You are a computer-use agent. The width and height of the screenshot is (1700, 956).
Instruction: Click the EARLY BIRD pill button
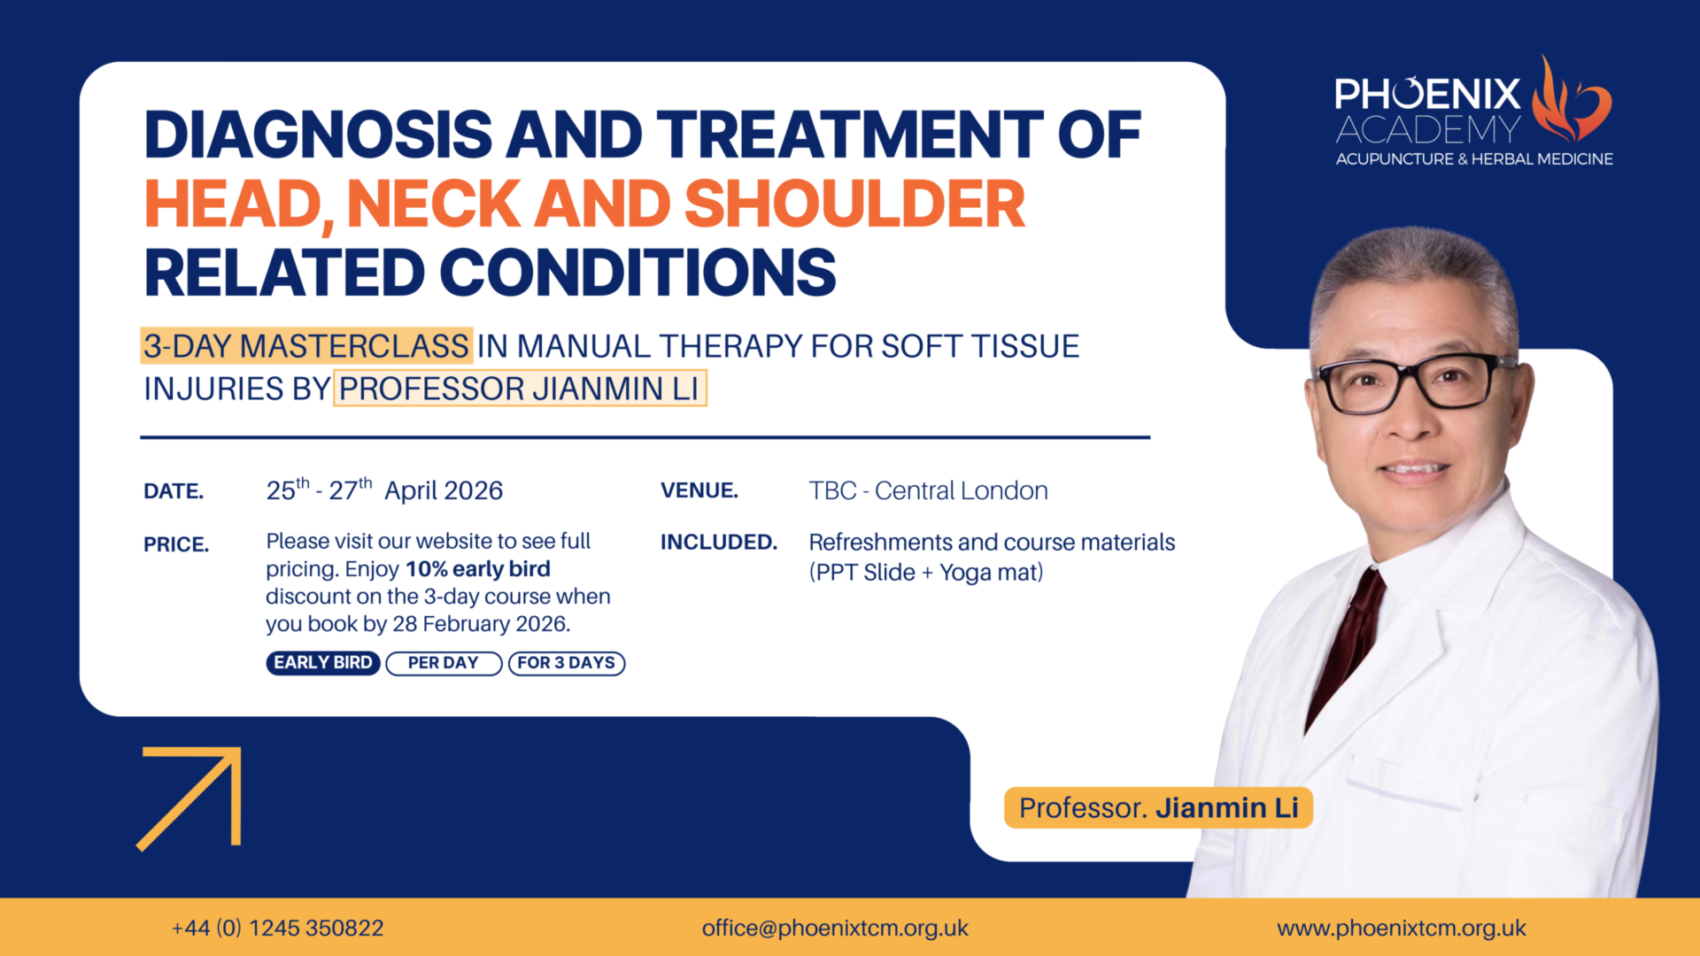tap(323, 663)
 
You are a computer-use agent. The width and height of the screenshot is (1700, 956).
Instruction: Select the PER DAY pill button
tap(444, 663)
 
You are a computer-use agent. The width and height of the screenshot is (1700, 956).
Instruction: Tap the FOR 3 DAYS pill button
tap(567, 663)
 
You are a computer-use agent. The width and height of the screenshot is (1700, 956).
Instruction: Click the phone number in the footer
tap(278, 928)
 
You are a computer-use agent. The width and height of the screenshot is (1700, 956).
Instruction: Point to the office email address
tap(835, 928)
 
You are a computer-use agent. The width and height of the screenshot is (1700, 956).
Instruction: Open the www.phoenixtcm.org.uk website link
tap(1402, 928)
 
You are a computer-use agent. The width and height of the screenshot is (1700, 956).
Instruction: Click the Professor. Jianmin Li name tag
tap(1158, 807)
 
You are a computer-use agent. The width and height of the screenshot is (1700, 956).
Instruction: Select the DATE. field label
tap(174, 491)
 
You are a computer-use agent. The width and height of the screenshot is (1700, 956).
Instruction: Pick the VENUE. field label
tap(699, 490)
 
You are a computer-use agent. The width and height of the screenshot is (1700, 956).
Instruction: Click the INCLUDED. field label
tap(719, 542)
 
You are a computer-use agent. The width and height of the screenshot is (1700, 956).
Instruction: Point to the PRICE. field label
tap(176, 544)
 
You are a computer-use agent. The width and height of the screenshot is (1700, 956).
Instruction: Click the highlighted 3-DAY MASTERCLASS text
tap(306, 346)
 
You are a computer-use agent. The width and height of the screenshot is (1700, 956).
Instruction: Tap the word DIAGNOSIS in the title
tap(319, 135)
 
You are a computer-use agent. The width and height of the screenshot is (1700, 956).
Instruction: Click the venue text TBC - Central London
tap(928, 490)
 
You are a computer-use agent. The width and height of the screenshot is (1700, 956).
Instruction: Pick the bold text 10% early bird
tap(478, 569)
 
